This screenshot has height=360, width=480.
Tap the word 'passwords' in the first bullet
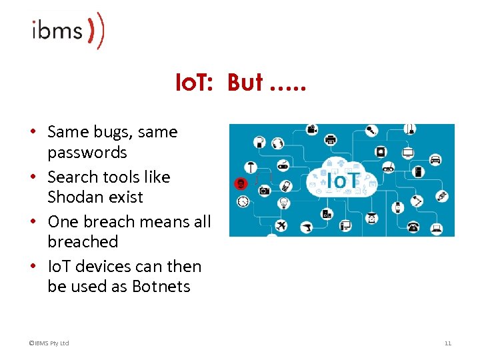(x=87, y=153)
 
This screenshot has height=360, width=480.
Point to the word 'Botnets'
(x=161, y=287)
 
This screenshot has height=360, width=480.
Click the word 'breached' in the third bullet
(x=83, y=242)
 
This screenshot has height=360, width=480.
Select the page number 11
(x=447, y=343)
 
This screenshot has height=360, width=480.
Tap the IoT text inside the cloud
(x=343, y=180)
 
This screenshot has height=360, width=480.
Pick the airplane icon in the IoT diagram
(x=281, y=226)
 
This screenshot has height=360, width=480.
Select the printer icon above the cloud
(x=329, y=139)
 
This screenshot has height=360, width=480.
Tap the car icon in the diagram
(x=435, y=159)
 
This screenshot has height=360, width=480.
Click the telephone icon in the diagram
(x=413, y=227)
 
